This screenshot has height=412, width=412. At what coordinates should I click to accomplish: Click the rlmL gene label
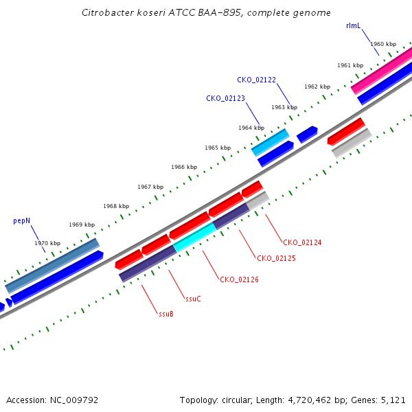click(354, 26)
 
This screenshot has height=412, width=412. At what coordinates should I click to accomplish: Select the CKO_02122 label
click(256, 80)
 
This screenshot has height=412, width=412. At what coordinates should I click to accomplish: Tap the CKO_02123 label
click(225, 98)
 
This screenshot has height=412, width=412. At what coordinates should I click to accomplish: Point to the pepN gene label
click(21, 220)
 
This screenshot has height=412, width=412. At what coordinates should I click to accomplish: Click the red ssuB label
click(166, 314)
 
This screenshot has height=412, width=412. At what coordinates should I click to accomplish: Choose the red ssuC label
click(193, 299)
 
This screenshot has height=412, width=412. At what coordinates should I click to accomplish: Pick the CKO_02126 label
click(239, 279)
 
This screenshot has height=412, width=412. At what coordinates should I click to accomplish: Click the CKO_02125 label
click(276, 259)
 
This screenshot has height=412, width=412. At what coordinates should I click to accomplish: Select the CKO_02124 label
click(302, 242)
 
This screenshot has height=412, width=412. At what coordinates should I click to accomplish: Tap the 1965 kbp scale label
click(218, 148)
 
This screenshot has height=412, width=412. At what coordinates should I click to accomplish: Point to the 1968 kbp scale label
click(116, 206)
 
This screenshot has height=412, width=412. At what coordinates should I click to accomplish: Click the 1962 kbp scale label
click(317, 87)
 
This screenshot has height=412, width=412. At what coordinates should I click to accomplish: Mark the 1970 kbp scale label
click(47, 243)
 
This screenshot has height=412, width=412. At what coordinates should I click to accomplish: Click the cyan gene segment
click(195, 238)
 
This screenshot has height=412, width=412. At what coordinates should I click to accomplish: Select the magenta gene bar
click(382, 71)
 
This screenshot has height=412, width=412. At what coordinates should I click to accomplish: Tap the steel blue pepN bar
click(52, 266)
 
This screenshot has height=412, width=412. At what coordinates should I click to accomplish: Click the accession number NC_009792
click(74, 400)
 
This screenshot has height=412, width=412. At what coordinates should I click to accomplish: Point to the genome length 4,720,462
click(310, 400)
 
